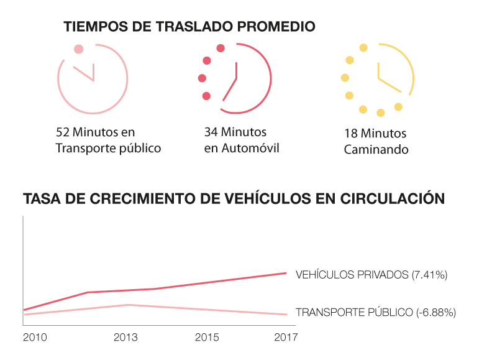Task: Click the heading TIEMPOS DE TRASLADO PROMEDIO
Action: (189, 27)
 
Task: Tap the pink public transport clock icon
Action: (93, 78)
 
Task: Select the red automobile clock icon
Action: (236, 79)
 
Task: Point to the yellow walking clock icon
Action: (378, 79)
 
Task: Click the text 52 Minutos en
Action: (95, 132)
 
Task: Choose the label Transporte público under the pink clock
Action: (108, 148)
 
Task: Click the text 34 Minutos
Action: (235, 132)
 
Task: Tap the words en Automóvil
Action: (242, 148)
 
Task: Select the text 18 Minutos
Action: (375, 134)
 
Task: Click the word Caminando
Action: (376, 150)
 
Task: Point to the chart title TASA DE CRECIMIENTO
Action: (234, 199)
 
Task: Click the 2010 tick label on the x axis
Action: (34, 337)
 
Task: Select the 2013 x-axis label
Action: (125, 337)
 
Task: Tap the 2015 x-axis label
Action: (206, 337)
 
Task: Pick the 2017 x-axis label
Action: (285, 337)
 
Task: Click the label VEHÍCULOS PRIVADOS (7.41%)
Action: (371, 274)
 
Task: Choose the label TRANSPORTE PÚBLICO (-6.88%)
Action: (376, 312)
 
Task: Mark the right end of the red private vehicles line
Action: (286, 273)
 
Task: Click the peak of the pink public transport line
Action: (128, 305)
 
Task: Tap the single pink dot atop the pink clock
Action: (78, 49)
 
